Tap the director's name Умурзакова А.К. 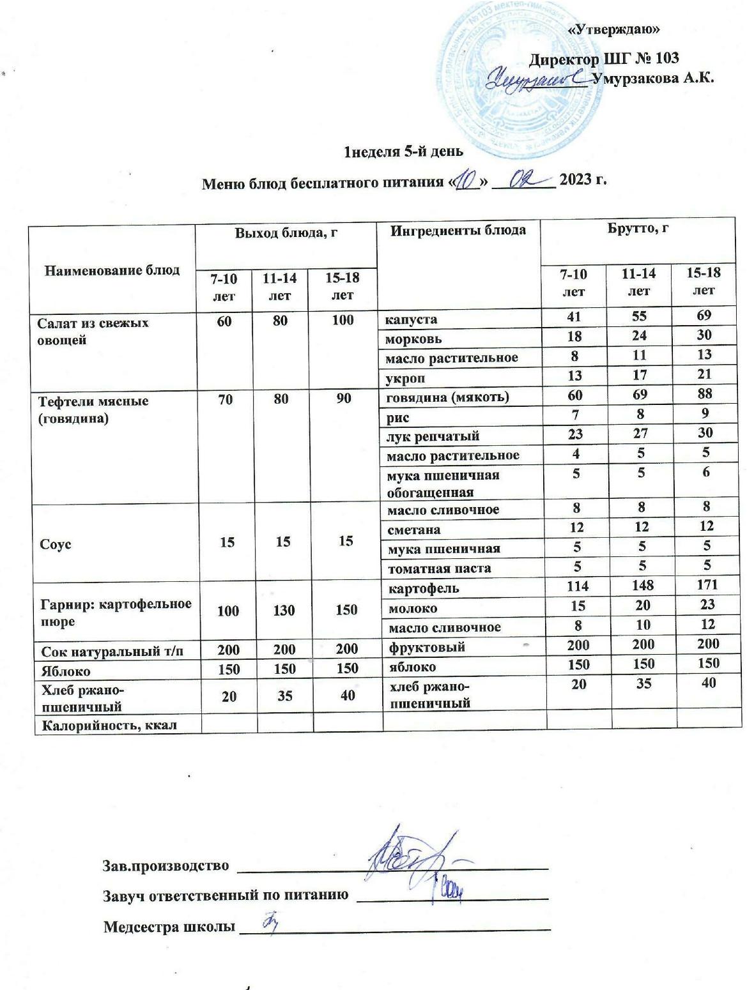tap(652, 79)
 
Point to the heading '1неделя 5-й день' tap(403, 152)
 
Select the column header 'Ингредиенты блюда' tap(458, 231)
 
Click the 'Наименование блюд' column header tap(112, 270)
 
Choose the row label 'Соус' tap(56, 545)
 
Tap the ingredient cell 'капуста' tap(410, 319)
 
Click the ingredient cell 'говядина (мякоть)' tap(447, 397)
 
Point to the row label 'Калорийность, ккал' tap(109, 725)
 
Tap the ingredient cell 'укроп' tap(406, 378)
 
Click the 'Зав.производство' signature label tap(166, 865)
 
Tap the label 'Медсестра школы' tap(169, 927)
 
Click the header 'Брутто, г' tap(637, 228)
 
